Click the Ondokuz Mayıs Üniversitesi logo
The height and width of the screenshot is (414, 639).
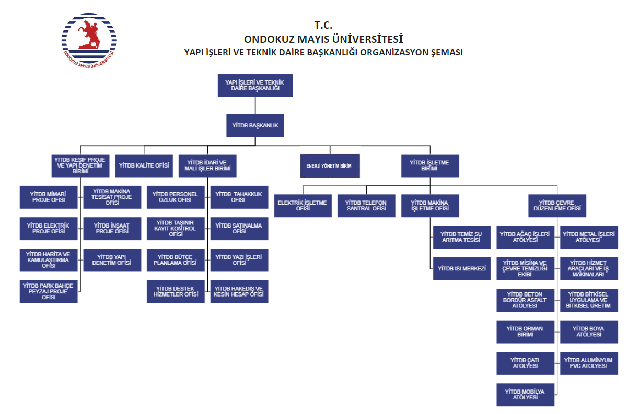tap(89, 40)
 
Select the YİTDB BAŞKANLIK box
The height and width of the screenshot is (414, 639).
tap(255, 126)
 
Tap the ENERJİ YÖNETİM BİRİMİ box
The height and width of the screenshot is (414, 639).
tap(330, 166)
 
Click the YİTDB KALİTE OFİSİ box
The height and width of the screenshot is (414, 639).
tap(144, 165)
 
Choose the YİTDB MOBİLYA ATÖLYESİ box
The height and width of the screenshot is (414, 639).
tap(525, 394)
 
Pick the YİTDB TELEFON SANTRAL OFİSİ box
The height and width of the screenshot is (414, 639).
tap(366, 206)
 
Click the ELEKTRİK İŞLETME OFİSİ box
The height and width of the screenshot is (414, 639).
tap(303, 206)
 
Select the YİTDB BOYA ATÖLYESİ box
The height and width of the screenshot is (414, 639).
tap(589, 332)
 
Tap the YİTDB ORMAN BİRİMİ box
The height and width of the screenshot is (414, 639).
tap(525, 332)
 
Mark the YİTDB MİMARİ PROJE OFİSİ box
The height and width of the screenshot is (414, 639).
tap(49, 197)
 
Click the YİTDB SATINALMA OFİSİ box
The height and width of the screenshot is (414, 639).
tap(239, 228)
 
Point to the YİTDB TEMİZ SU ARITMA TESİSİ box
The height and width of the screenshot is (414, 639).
tap(462, 237)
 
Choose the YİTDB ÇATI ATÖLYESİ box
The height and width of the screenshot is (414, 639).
tap(525, 363)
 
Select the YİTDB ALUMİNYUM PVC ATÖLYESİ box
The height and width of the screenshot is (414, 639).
tap(589, 363)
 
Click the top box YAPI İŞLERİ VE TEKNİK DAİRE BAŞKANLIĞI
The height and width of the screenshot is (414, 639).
tap(255, 86)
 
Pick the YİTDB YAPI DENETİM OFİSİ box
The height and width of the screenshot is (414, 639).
tap(112, 259)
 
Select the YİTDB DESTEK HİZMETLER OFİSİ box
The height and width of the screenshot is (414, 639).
tap(176, 291)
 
